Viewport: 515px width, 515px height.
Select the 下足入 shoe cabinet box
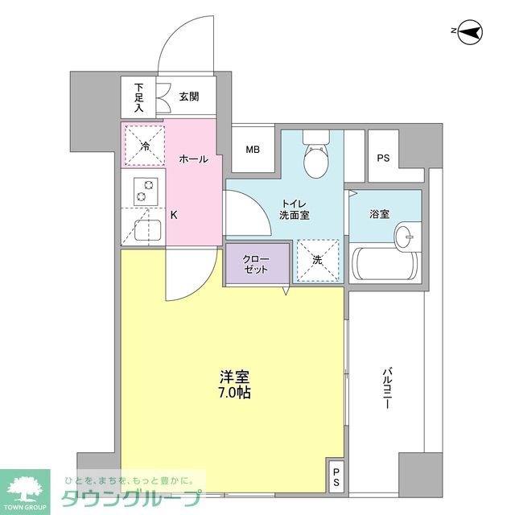(139, 97)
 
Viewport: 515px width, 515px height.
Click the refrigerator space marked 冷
(144, 145)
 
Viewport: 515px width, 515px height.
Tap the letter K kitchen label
(174, 215)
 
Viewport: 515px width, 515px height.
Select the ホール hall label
(192, 159)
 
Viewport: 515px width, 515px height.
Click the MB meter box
(253, 150)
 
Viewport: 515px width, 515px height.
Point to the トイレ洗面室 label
(294, 209)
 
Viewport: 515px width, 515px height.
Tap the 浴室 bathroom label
(380, 215)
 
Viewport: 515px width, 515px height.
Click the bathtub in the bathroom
(385, 264)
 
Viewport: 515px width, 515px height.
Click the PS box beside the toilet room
(383, 157)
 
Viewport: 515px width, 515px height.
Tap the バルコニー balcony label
(386, 389)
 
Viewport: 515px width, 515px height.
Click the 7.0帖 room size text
(233, 393)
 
